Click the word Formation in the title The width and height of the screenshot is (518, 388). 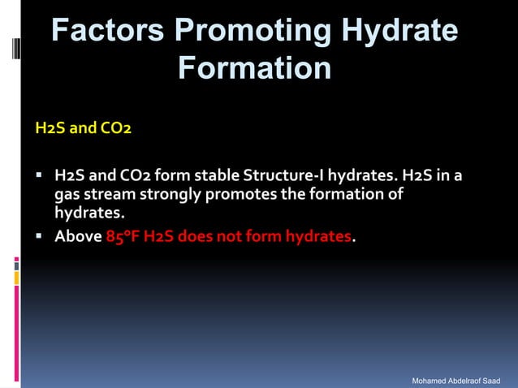(253, 67)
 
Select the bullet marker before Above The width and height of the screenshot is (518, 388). (39, 237)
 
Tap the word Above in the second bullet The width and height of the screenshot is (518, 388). (78, 237)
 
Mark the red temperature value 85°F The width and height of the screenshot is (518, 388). (123, 237)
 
